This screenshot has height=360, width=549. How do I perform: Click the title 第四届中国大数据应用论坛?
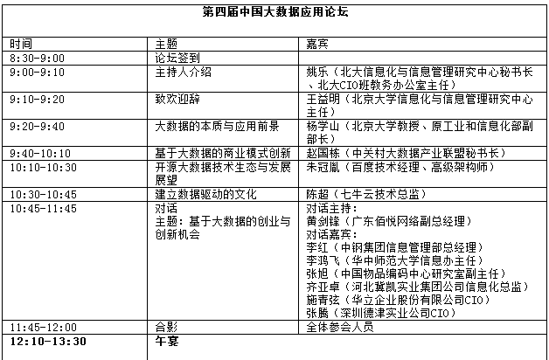[274, 14]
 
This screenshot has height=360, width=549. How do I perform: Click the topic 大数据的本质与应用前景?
[217, 127]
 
